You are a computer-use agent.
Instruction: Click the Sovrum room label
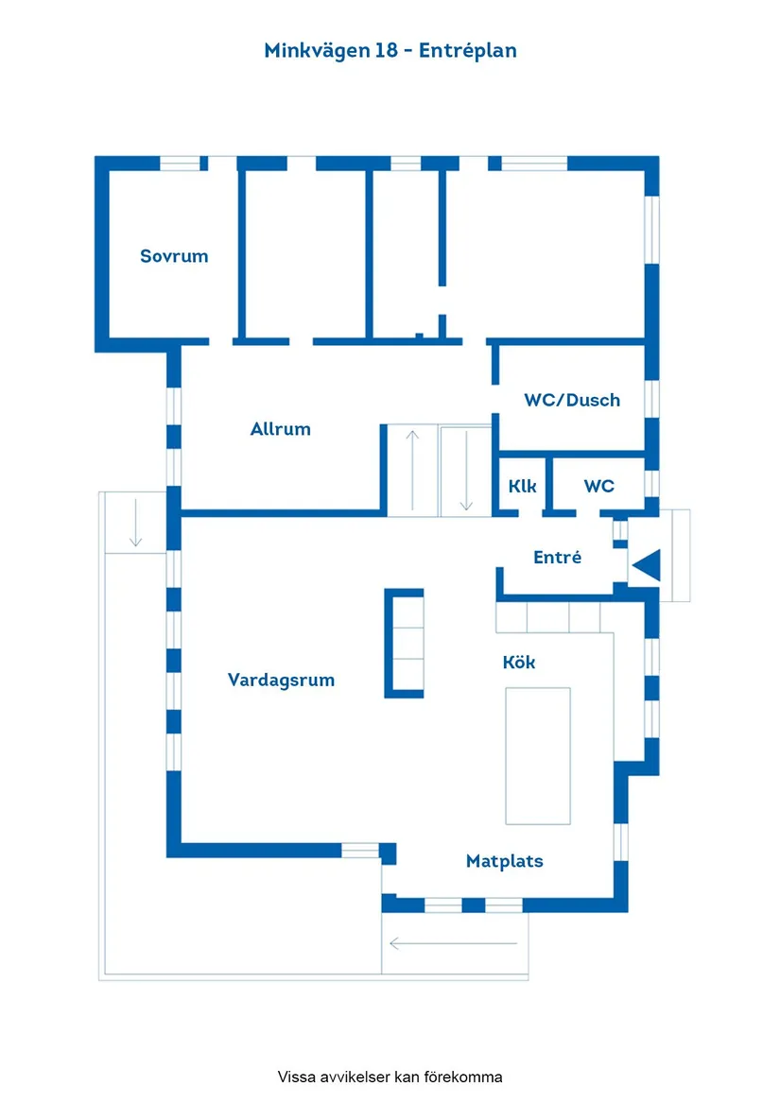pos(174,256)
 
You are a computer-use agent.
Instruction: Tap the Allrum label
pos(280,429)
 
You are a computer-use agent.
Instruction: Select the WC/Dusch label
pos(572,400)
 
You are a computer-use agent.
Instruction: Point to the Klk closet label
pos(522,486)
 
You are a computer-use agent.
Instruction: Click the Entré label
pos(557,558)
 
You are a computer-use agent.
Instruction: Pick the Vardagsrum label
pos(281,680)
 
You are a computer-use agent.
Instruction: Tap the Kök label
pos(518,663)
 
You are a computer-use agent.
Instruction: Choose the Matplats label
pos(504,861)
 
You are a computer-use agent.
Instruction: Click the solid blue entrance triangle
pos(646,565)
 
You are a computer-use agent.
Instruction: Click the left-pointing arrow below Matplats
pos(454,943)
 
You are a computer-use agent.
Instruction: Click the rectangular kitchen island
pos(538,755)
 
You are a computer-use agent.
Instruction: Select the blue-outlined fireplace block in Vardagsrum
pos(404,643)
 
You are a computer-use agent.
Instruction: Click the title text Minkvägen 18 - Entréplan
pos(390,51)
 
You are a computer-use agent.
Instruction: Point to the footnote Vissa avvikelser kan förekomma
pos(390,1077)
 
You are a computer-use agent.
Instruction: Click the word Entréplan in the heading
pos(468,51)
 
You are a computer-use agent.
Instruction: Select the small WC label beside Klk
pos(598,486)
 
